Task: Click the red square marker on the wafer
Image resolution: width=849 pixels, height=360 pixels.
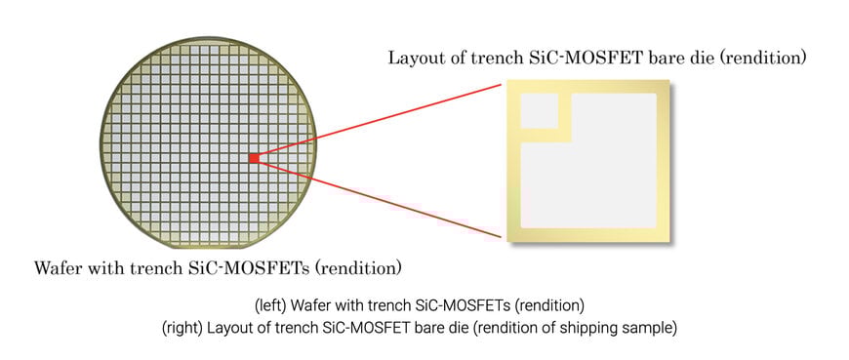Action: coord(253,156)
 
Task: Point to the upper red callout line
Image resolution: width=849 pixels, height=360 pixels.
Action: coord(381,119)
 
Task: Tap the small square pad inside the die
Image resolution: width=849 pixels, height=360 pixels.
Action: coord(539,112)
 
